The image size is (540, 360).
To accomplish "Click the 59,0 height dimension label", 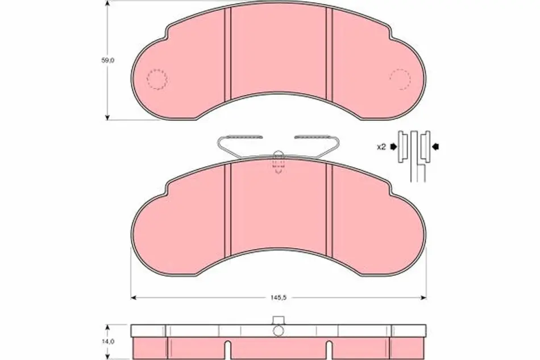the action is [x=107, y=60].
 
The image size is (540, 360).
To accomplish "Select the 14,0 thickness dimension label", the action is [x=108, y=341].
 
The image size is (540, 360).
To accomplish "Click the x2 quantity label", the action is [x=381, y=147].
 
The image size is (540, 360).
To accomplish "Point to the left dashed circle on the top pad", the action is [x=157, y=80].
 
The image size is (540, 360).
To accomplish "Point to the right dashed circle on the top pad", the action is [x=400, y=79].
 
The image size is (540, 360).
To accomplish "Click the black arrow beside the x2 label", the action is [x=393, y=147].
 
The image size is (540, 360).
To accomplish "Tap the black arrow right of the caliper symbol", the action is [x=435, y=147].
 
